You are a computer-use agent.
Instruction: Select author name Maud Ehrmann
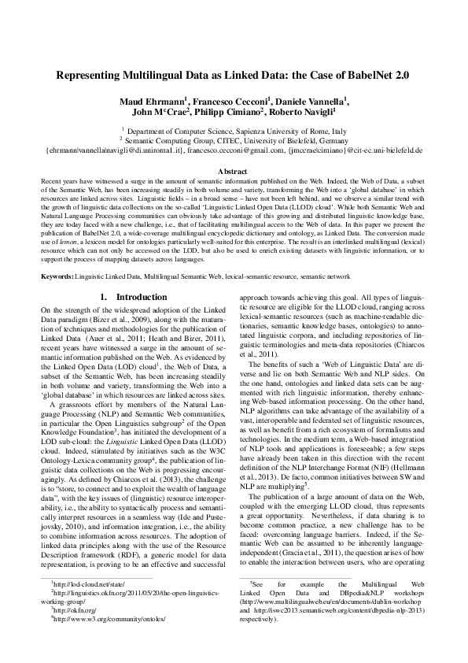153,102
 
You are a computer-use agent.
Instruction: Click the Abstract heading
234,171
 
